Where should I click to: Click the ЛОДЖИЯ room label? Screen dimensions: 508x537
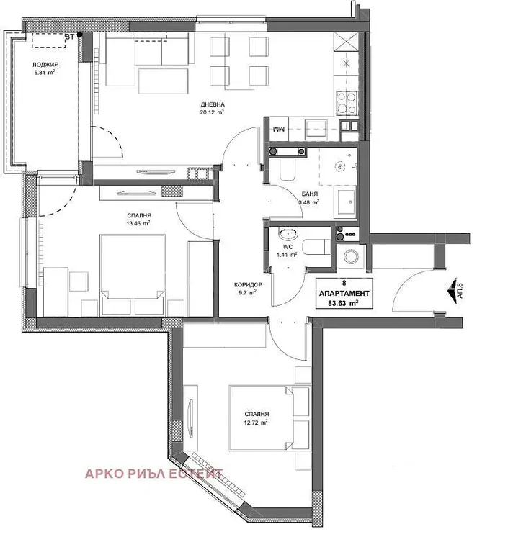(x=45, y=64)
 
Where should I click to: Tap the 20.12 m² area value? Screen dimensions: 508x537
(x=212, y=112)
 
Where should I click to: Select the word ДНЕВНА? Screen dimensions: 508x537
(x=213, y=104)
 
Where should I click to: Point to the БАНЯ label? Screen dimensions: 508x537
(x=310, y=194)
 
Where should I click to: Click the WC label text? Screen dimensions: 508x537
(x=288, y=247)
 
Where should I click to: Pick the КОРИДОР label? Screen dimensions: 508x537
(x=248, y=284)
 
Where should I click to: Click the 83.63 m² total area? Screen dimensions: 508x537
(x=344, y=303)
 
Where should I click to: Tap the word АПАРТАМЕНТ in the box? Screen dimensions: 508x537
(x=344, y=294)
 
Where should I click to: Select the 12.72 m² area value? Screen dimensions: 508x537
(x=255, y=423)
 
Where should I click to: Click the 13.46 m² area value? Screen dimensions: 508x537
(x=138, y=223)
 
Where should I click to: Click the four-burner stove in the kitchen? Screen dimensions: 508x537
(x=347, y=103)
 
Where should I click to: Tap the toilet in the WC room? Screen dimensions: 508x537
(x=316, y=248)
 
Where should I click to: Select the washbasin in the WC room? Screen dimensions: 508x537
(x=289, y=234)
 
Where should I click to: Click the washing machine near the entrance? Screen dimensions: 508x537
(x=351, y=256)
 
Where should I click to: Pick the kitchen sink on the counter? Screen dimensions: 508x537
(x=317, y=129)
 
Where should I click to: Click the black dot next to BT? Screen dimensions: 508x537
(x=79, y=35)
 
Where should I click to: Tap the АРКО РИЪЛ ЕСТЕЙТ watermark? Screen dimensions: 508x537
(x=153, y=474)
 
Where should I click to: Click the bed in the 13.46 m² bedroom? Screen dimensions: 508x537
(x=133, y=275)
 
